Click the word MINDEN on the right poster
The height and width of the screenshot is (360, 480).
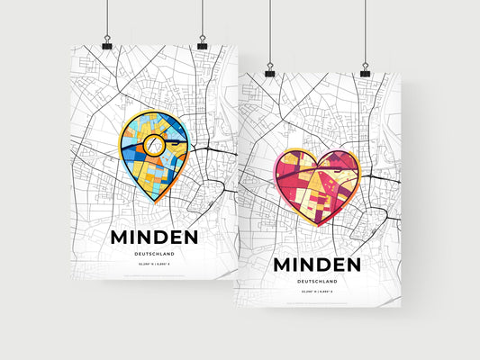point(320,265)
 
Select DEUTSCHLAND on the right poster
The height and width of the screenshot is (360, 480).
point(320,283)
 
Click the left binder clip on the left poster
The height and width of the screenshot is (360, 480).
point(107,45)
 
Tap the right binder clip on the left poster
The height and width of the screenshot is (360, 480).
point(202,45)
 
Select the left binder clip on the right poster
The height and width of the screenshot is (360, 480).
point(269,72)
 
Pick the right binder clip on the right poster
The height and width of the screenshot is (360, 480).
point(365,72)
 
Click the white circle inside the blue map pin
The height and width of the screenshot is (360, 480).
point(154,143)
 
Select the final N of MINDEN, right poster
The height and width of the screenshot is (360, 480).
point(358,265)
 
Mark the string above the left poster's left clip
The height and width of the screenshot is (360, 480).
point(106,18)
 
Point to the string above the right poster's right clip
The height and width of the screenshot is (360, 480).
point(365,31)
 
